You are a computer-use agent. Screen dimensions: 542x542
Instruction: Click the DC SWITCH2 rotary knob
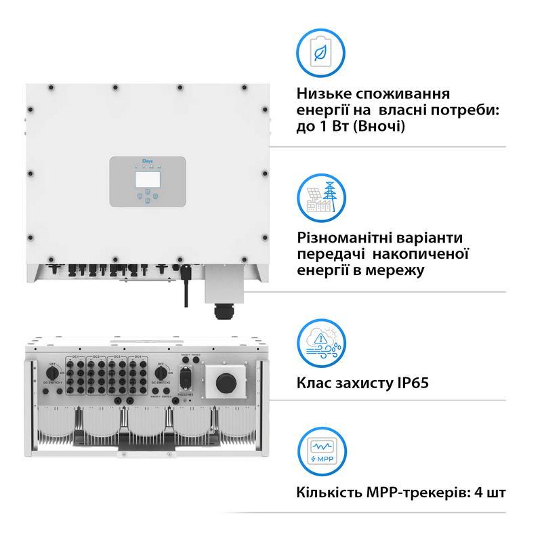pos(161,372)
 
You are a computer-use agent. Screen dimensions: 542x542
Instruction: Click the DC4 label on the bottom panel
pos(138,356)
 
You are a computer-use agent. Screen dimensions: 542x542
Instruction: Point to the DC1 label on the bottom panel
pos(76,356)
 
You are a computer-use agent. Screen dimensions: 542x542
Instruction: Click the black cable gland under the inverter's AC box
pos(222,311)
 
